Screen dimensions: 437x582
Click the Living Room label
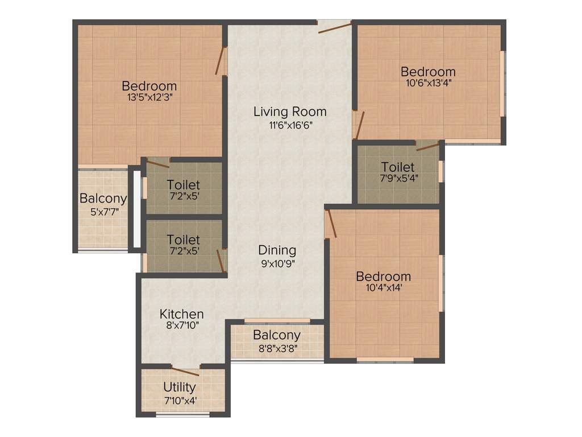pos(290,112)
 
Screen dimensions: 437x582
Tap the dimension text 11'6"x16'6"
pos(290,125)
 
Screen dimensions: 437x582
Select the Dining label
pos(277,250)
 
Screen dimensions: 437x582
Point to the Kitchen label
pos(181,314)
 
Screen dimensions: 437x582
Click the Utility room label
pos(180,388)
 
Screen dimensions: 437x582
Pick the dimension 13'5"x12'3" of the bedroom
pos(149,97)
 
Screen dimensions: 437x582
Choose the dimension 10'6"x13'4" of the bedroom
pos(428,82)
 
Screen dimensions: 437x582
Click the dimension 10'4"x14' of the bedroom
pos(383,288)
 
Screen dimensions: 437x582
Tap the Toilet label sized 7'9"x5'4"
pos(398,167)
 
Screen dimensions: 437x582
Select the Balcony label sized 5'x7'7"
pos(103,199)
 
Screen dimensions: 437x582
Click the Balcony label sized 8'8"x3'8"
pos(277,335)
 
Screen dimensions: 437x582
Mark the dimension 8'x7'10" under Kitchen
pos(181,325)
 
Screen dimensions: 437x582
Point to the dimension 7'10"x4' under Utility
pos(180,399)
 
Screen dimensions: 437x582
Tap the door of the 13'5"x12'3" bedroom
pos(220,60)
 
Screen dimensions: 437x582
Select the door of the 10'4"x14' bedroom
pos(331,223)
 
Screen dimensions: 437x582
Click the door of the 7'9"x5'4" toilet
pos(427,146)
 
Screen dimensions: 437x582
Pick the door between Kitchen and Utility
pos(185,371)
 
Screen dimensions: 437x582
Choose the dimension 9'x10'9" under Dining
pos(277,262)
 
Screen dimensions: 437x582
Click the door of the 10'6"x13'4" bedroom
pos(358,125)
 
